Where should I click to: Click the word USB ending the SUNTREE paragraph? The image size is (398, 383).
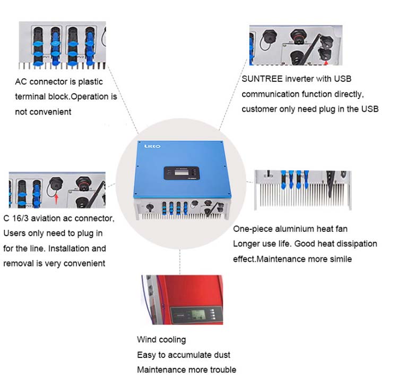(369, 109)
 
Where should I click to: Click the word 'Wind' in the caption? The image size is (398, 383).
(146, 339)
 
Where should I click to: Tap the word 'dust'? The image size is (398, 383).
(222, 354)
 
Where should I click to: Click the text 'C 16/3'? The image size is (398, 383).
(16, 219)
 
